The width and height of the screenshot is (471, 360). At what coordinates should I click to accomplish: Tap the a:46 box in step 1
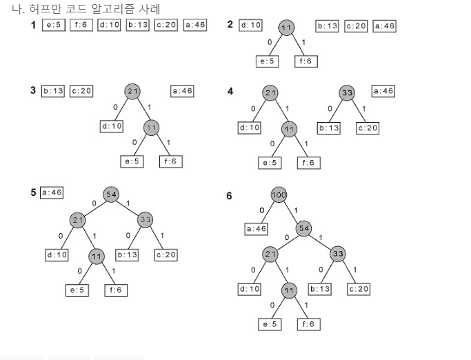195,26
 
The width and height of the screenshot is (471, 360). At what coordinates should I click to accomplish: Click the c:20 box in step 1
166,26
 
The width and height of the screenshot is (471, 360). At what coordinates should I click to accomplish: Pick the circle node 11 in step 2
287,27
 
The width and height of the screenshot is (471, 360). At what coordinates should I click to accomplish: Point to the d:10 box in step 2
250,26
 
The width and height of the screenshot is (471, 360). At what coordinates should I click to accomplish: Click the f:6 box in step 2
305,61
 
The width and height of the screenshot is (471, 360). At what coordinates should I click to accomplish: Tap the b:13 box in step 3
53,91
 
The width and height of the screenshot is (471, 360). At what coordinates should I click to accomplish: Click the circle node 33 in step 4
347,92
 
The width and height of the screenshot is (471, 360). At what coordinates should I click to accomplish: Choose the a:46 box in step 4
383,91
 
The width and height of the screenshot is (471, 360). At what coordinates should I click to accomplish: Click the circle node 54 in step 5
111,194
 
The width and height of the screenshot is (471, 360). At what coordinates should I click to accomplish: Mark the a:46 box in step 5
52,192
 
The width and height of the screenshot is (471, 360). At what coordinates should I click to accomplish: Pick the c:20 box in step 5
166,255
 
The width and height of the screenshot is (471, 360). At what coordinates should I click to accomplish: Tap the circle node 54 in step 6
304,228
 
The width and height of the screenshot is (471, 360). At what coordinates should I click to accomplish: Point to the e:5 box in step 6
269,323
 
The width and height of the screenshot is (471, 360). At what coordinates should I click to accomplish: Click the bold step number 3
33,90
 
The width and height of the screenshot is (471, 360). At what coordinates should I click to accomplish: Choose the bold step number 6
230,197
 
